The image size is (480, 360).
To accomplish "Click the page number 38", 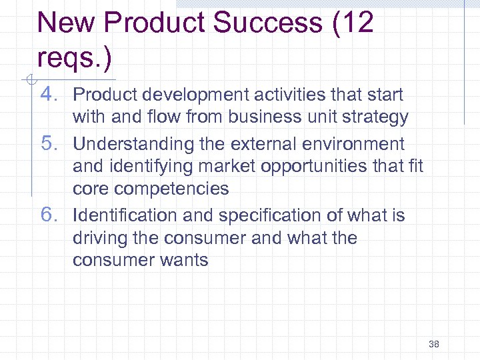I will click(x=434, y=344).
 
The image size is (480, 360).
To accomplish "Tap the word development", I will click(x=193, y=95).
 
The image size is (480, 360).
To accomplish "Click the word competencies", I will click(x=171, y=189).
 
